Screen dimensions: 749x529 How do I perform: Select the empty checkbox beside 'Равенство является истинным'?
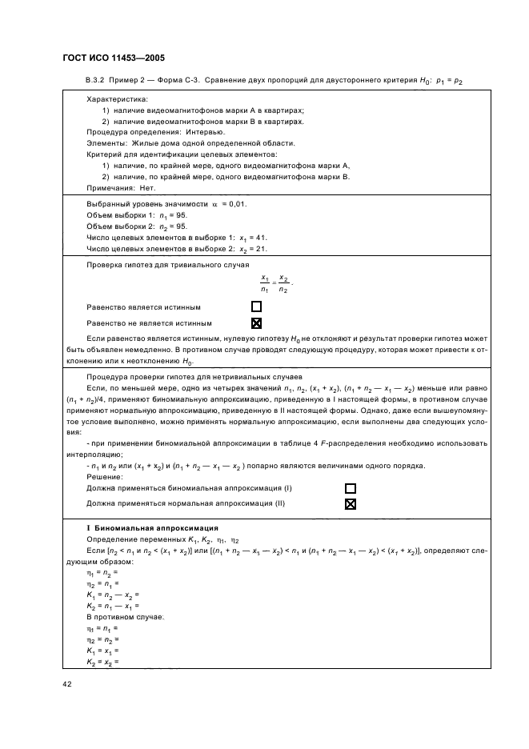pos(257,306)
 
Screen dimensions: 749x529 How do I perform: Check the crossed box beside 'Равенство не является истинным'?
pos(257,323)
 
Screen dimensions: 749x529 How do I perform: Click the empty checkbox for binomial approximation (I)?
pos(350,487)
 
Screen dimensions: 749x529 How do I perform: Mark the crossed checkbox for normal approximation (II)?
pos(350,504)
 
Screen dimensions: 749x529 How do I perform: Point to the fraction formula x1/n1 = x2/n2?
pos(273,283)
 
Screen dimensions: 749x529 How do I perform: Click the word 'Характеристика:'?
pos(111,98)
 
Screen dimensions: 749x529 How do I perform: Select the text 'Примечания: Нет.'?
pos(119,187)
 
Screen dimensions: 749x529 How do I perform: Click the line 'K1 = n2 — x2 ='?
pos(112,595)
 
